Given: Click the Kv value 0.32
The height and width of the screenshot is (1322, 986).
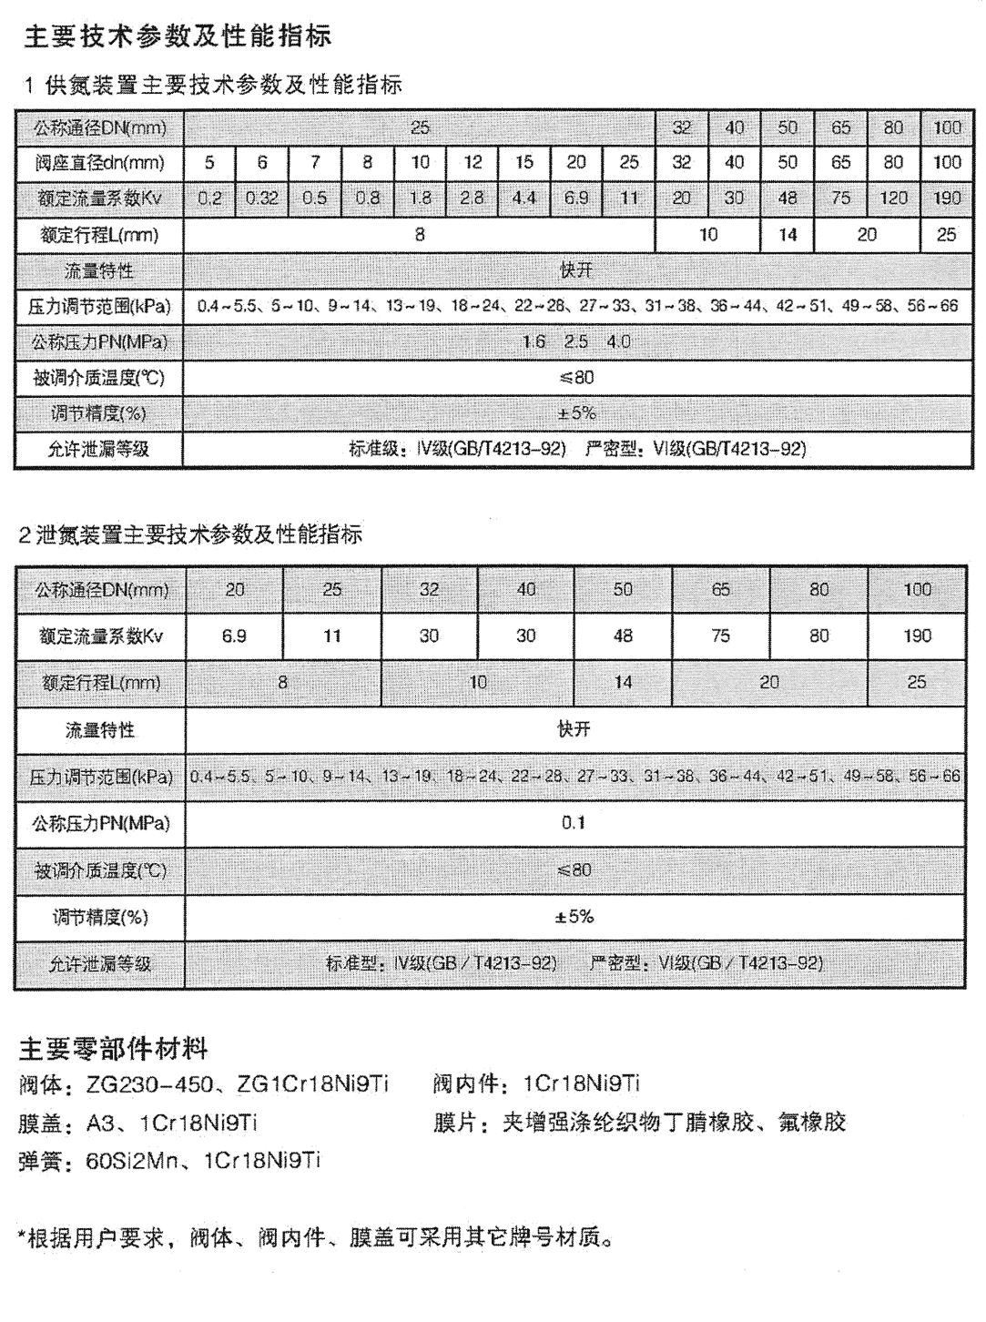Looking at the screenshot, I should tap(262, 198).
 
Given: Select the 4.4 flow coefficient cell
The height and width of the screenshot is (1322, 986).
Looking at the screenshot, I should tap(524, 198).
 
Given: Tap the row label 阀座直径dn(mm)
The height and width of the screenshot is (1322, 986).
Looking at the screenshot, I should tap(99, 163).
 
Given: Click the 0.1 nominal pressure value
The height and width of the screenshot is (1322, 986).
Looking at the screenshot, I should tap(574, 823).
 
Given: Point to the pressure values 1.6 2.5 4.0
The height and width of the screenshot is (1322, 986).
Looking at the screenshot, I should tap(575, 342).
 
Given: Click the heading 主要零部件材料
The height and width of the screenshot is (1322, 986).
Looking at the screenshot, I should tap(114, 1050).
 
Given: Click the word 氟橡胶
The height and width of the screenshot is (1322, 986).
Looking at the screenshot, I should tap(812, 1123).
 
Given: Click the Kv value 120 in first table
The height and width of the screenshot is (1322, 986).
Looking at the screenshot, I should tap(893, 198).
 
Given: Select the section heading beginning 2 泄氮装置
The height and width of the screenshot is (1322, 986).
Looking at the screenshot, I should tap(190, 534).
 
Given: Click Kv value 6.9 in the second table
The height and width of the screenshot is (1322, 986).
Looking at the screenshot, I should tap(234, 636).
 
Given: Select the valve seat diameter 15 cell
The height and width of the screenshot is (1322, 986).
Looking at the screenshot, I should tap(524, 163).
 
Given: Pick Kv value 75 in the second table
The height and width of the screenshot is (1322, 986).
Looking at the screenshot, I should tap(720, 636).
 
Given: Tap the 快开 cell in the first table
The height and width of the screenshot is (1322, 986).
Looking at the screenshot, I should tap(575, 271).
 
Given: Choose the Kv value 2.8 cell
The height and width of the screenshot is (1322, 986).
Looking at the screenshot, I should tap(472, 198).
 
